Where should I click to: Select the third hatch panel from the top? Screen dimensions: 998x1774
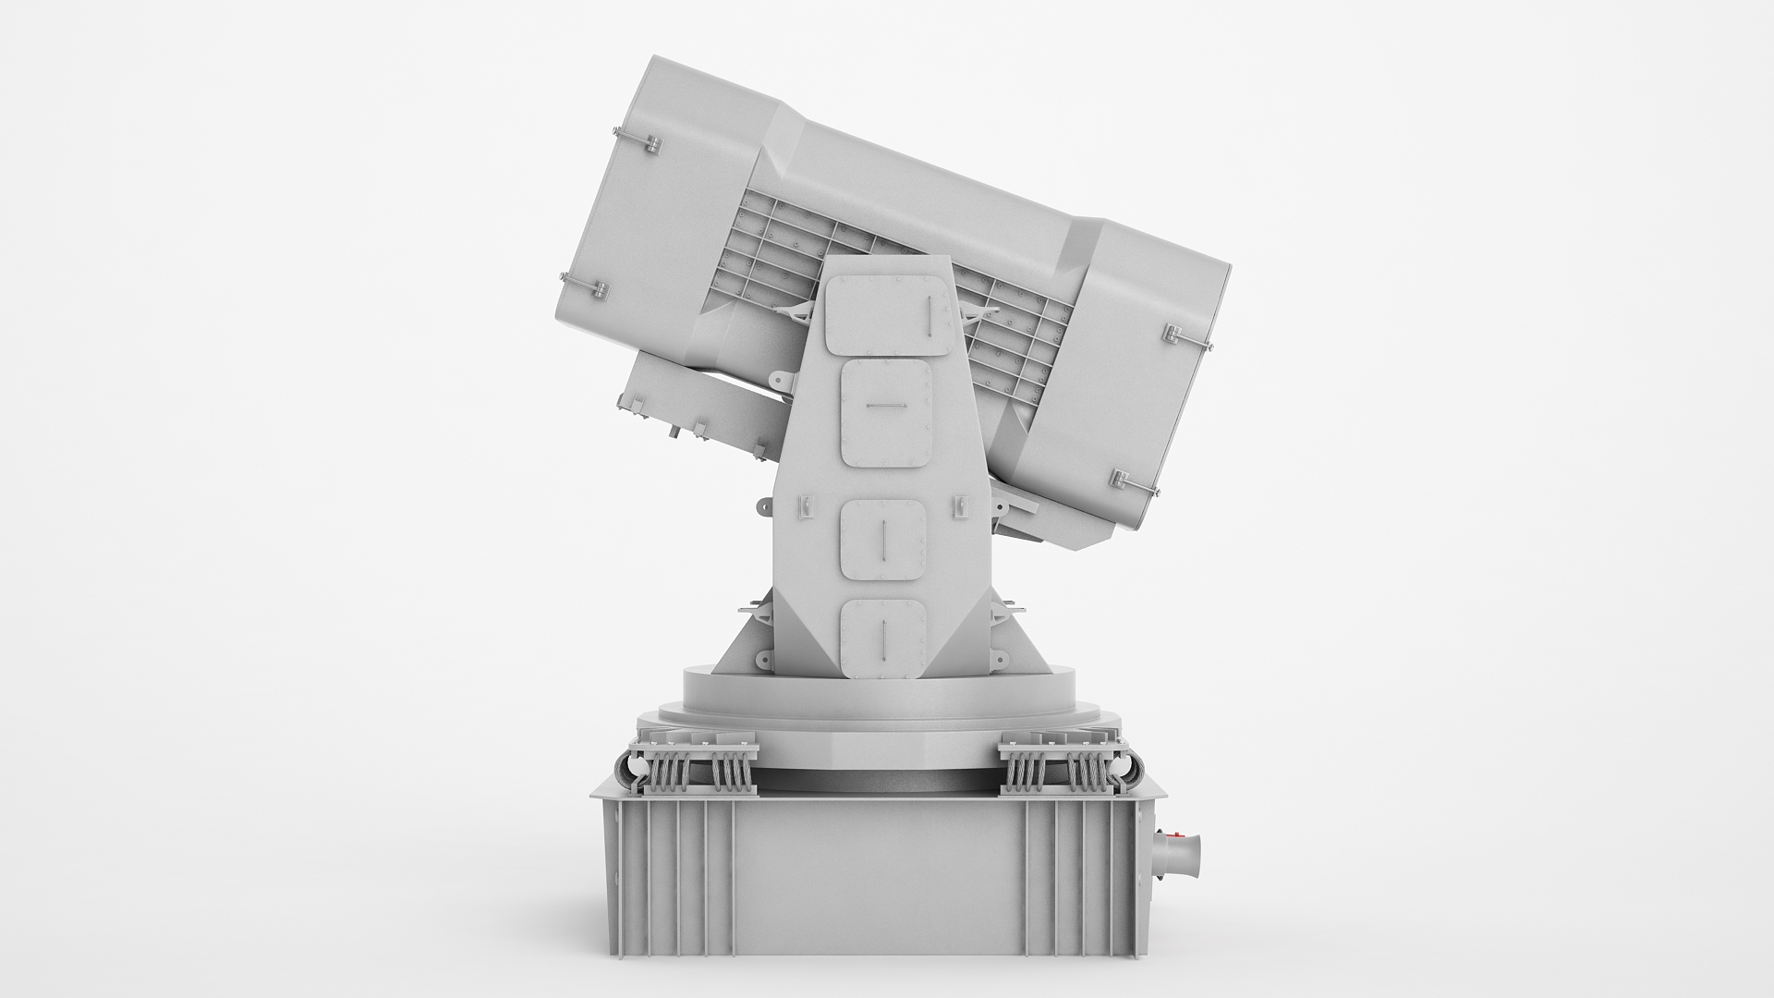(x=883, y=541)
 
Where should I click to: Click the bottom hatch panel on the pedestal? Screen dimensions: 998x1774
(x=882, y=638)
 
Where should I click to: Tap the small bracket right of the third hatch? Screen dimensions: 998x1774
(x=960, y=505)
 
